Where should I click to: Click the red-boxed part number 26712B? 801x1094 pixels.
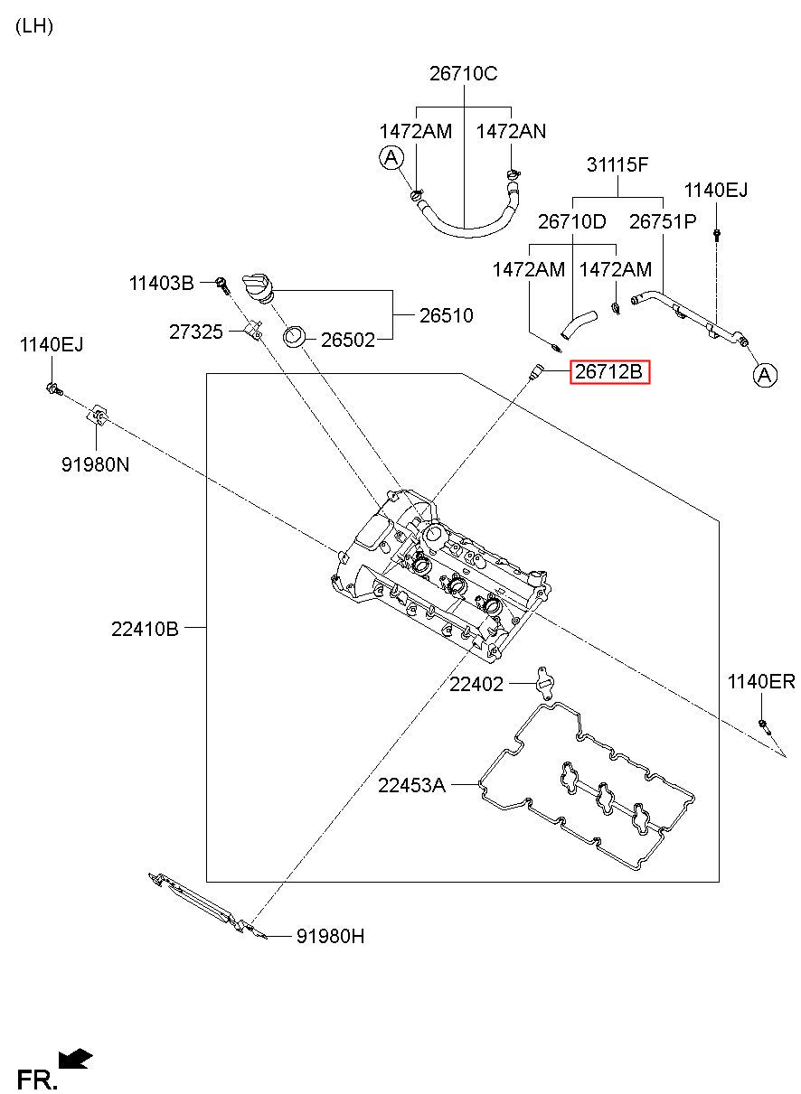608,371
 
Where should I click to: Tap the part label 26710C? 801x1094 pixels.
463,73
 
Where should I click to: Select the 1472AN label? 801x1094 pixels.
511,131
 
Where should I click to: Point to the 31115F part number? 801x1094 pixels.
617,164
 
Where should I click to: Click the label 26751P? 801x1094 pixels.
662,221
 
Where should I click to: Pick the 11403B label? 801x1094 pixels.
161,283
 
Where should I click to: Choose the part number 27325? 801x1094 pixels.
195,332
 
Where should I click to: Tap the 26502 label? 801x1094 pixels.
347,340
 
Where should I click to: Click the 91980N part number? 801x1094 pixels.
95,464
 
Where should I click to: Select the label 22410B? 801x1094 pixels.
145,629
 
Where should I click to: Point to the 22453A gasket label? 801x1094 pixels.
411,785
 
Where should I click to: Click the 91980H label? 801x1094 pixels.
330,936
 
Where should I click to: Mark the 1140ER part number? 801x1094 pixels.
761,681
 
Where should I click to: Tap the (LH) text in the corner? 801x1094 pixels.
34,26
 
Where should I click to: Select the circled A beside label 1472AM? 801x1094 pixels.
391,158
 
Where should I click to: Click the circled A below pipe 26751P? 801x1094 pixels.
765,375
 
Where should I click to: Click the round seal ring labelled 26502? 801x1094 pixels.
295,337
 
